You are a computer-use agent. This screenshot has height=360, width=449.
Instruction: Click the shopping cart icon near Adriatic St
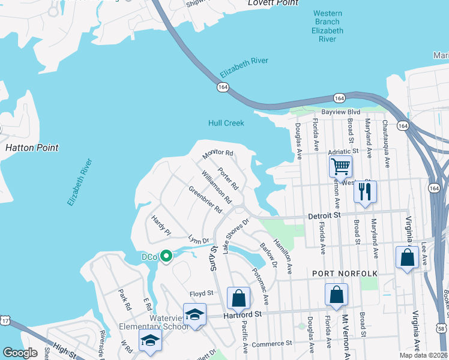(x=340, y=166)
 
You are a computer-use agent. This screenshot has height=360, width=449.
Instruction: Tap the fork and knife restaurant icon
(x=365, y=192)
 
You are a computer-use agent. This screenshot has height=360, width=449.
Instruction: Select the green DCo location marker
(x=166, y=257)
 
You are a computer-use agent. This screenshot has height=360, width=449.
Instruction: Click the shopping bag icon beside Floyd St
(x=238, y=298)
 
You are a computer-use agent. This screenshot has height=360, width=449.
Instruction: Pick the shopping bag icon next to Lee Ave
(x=407, y=257)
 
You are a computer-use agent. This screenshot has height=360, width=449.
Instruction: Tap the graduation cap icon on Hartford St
(x=194, y=314)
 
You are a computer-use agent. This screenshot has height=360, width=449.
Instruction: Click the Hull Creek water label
(x=226, y=123)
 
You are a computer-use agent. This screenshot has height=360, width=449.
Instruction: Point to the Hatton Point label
(x=32, y=147)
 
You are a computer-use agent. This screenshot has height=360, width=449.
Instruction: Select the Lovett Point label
(x=274, y=3)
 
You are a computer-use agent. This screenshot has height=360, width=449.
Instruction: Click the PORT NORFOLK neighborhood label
(x=345, y=273)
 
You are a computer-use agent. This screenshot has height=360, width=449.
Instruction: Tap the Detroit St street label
(x=324, y=215)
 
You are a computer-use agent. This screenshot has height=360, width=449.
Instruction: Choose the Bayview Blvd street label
(x=340, y=112)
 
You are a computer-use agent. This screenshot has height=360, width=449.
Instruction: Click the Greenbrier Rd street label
(x=205, y=200)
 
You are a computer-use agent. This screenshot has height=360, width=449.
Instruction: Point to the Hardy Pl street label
(x=161, y=226)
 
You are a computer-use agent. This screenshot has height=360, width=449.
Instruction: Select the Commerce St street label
(x=271, y=343)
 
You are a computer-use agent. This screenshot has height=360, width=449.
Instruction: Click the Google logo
(x=20, y=353)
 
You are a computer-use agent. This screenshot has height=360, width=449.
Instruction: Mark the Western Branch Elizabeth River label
(x=328, y=26)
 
